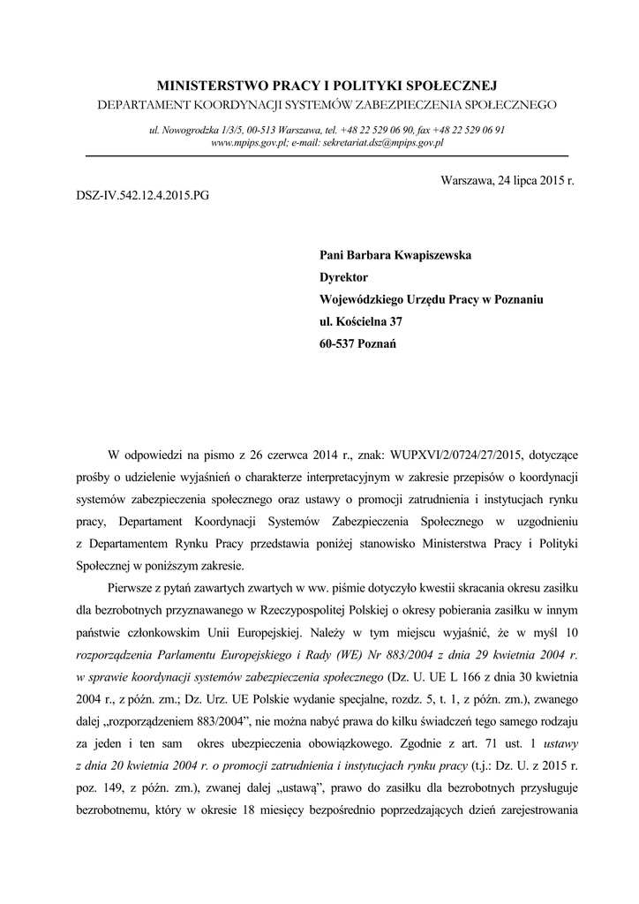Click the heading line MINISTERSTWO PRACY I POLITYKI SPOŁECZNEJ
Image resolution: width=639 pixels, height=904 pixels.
point(327,86)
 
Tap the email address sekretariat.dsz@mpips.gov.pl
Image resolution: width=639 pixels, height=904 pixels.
point(383,141)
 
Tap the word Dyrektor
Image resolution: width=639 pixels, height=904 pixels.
point(343,277)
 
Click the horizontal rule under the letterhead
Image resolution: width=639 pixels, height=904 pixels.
point(327,155)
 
